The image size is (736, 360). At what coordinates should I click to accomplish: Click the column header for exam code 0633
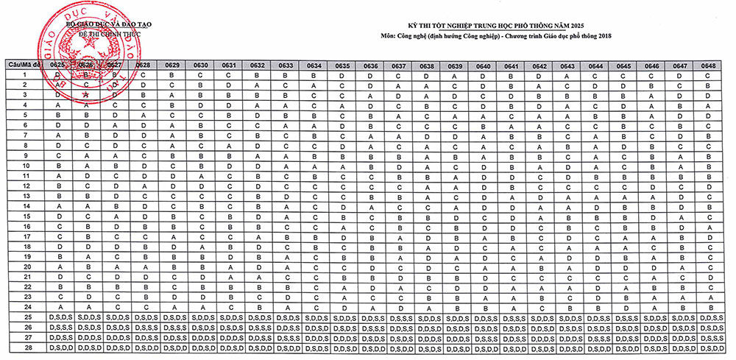click(286, 65)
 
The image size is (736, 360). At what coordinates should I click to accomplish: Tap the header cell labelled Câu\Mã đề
click(24, 65)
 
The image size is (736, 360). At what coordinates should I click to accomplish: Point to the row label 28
click(24, 346)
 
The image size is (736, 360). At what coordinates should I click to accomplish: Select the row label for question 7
click(24, 135)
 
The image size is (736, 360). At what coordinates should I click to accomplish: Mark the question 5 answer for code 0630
click(199, 116)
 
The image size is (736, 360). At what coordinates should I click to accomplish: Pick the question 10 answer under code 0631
click(229, 166)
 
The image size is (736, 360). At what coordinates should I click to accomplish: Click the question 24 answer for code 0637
click(398, 306)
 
